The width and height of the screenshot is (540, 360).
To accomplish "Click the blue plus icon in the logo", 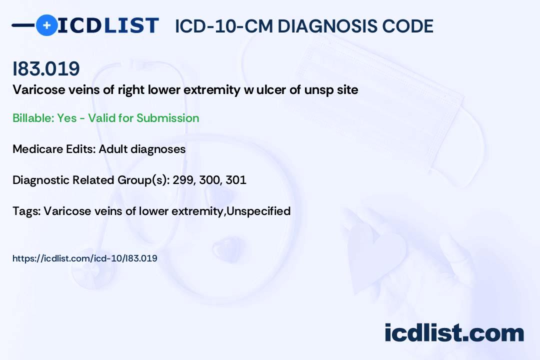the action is click(x=47, y=25).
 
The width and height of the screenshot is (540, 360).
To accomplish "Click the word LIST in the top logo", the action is click(x=131, y=25).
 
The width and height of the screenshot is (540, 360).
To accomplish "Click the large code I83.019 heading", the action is click(x=46, y=68).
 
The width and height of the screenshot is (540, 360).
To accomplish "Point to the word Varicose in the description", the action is click(x=39, y=90).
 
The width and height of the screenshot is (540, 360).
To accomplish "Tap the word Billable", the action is click(x=33, y=118).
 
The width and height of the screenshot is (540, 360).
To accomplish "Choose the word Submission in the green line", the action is click(x=167, y=118).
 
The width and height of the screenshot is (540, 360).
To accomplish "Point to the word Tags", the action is click(x=27, y=211).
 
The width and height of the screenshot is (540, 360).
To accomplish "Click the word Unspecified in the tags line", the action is click(x=258, y=211).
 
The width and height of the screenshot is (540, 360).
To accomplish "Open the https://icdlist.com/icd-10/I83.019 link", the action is click(x=84, y=258).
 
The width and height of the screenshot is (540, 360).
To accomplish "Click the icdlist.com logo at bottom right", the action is click(x=454, y=333).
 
